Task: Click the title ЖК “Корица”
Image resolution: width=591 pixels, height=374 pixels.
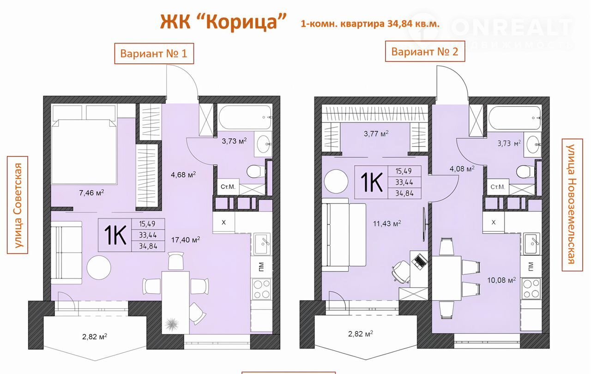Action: (x=223, y=22)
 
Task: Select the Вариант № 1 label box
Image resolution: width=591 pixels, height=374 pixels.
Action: (x=154, y=54)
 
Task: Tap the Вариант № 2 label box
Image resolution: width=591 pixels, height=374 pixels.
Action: (x=425, y=51)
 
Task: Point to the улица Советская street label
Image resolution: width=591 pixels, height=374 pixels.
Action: (x=18, y=205)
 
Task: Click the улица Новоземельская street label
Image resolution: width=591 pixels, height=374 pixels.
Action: (x=572, y=205)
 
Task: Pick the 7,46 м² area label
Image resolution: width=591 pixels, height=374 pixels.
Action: (x=91, y=193)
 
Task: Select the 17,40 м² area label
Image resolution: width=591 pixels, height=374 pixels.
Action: (x=186, y=240)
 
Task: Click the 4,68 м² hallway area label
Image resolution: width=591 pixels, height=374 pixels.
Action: (x=183, y=175)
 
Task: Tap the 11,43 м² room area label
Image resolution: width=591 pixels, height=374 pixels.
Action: (x=387, y=223)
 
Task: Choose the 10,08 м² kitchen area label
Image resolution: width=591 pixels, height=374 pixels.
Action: (x=501, y=280)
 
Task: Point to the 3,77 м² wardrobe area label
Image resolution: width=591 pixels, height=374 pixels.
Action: (x=376, y=133)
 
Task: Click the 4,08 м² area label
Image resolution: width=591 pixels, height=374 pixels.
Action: (x=462, y=168)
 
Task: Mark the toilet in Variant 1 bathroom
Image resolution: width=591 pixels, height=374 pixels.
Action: (x=256, y=171)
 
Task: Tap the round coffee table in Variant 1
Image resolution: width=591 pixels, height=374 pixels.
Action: (x=99, y=267)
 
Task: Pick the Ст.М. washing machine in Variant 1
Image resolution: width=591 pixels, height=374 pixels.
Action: (x=228, y=187)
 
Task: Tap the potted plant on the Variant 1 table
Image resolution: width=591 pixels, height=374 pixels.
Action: (x=172, y=324)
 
